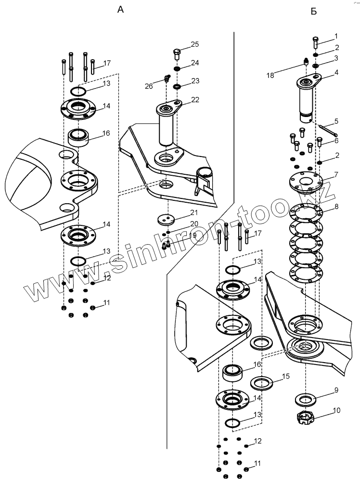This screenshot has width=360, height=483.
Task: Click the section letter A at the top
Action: (121, 10)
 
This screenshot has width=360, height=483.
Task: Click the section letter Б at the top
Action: (314, 11)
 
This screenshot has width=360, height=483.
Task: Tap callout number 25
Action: (194, 44)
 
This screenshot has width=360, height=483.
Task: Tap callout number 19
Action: (193, 235)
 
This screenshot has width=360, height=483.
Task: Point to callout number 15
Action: (285, 376)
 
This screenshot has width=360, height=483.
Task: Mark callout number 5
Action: (336, 121)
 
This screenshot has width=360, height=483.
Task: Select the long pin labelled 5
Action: (327, 129)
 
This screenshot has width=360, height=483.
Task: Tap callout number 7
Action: (336, 174)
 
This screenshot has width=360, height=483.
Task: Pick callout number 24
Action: (194, 63)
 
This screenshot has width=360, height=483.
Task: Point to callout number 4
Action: (336, 73)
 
